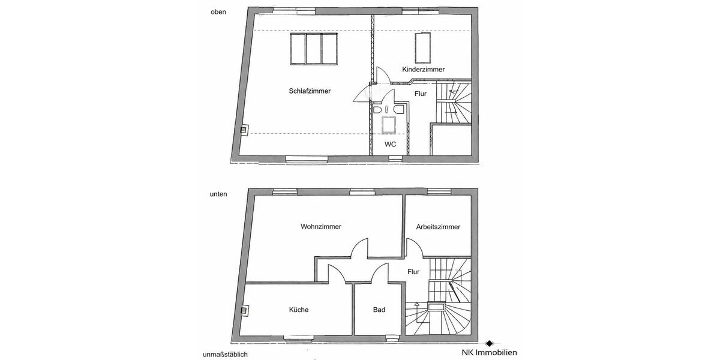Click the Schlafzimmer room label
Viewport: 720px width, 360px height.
click(310, 91)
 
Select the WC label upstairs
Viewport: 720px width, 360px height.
click(390, 145)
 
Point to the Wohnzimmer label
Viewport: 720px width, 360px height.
click(321, 227)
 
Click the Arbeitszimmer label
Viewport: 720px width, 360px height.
click(438, 227)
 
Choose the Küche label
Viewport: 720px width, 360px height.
click(299, 310)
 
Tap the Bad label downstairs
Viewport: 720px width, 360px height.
click(379, 310)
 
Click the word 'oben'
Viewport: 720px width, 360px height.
click(218, 12)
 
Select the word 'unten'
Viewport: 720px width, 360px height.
click(218, 194)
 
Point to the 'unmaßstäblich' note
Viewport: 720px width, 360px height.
click(225, 354)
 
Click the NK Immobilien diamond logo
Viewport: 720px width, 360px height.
click(489, 343)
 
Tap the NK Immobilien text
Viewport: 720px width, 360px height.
click(489, 353)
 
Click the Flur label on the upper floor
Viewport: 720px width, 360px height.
click(421, 94)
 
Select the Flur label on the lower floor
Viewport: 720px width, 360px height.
click(413, 272)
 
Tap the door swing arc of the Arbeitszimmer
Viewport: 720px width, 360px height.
click(414, 246)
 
